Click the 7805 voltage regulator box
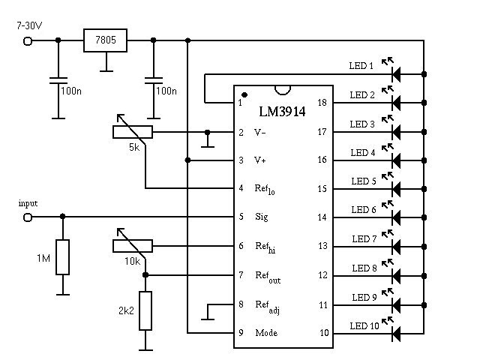click(x=105, y=40)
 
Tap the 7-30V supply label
click(x=30, y=25)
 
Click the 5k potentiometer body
click(x=132, y=132)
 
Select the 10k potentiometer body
click(x=132, y=245)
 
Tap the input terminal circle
click(x=28, y=217)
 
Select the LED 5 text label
click(x=363, y=181)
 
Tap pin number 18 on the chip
click(x=322, y=103)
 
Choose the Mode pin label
click(x=265, y=332)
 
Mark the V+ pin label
click(x=260, y=160)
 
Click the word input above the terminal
click(x=28, y=203)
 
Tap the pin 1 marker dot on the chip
click(x=244, y=95)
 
